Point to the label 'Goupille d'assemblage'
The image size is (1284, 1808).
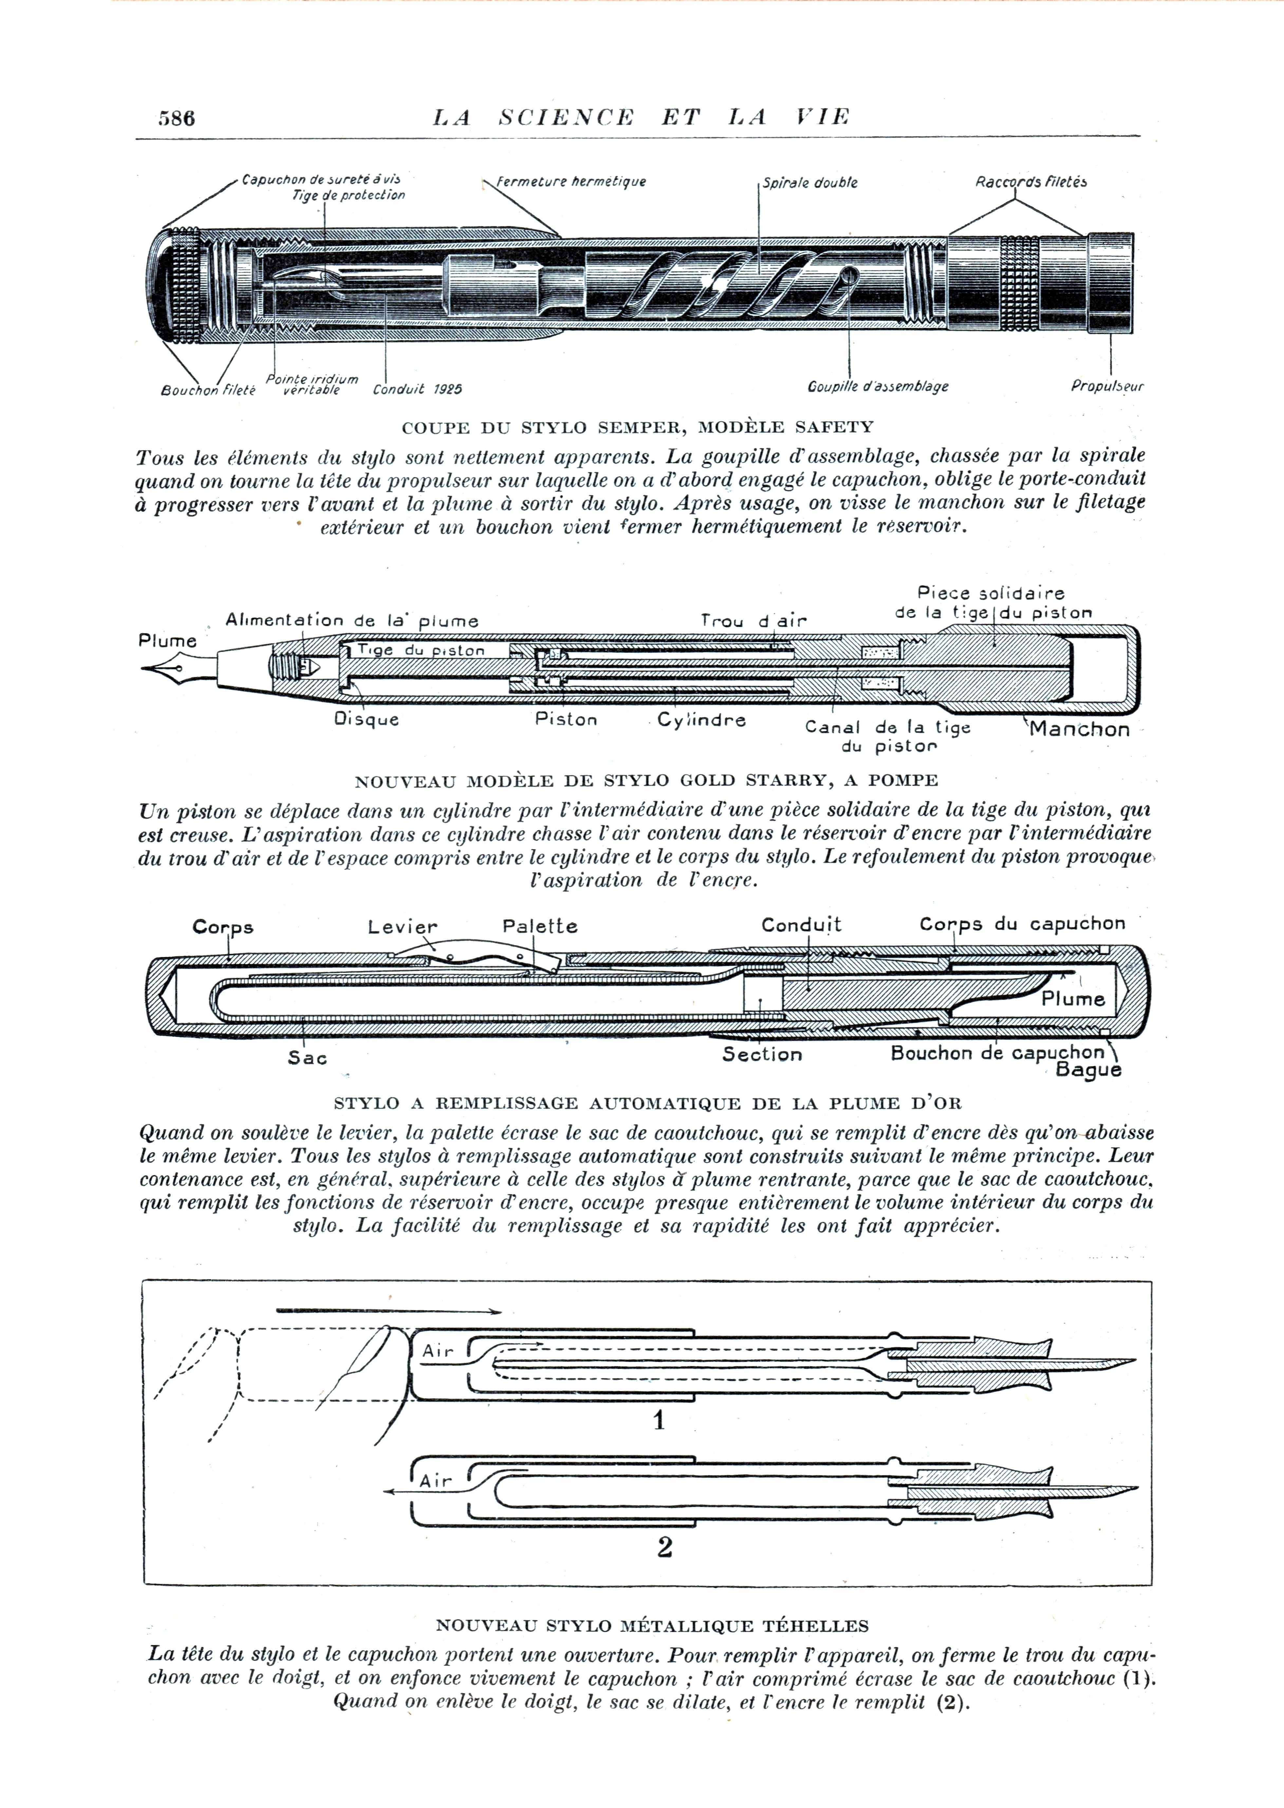click(878, 386)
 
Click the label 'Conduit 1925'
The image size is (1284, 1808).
click(418, 389)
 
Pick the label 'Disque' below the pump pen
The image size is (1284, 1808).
click(366, 719)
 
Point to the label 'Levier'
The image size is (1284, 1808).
click(402, 926)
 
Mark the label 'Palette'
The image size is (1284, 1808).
click(540, 926)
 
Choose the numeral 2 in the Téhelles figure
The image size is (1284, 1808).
click(664, 1547)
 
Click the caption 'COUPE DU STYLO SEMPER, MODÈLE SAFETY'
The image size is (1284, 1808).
click(637, 428)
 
